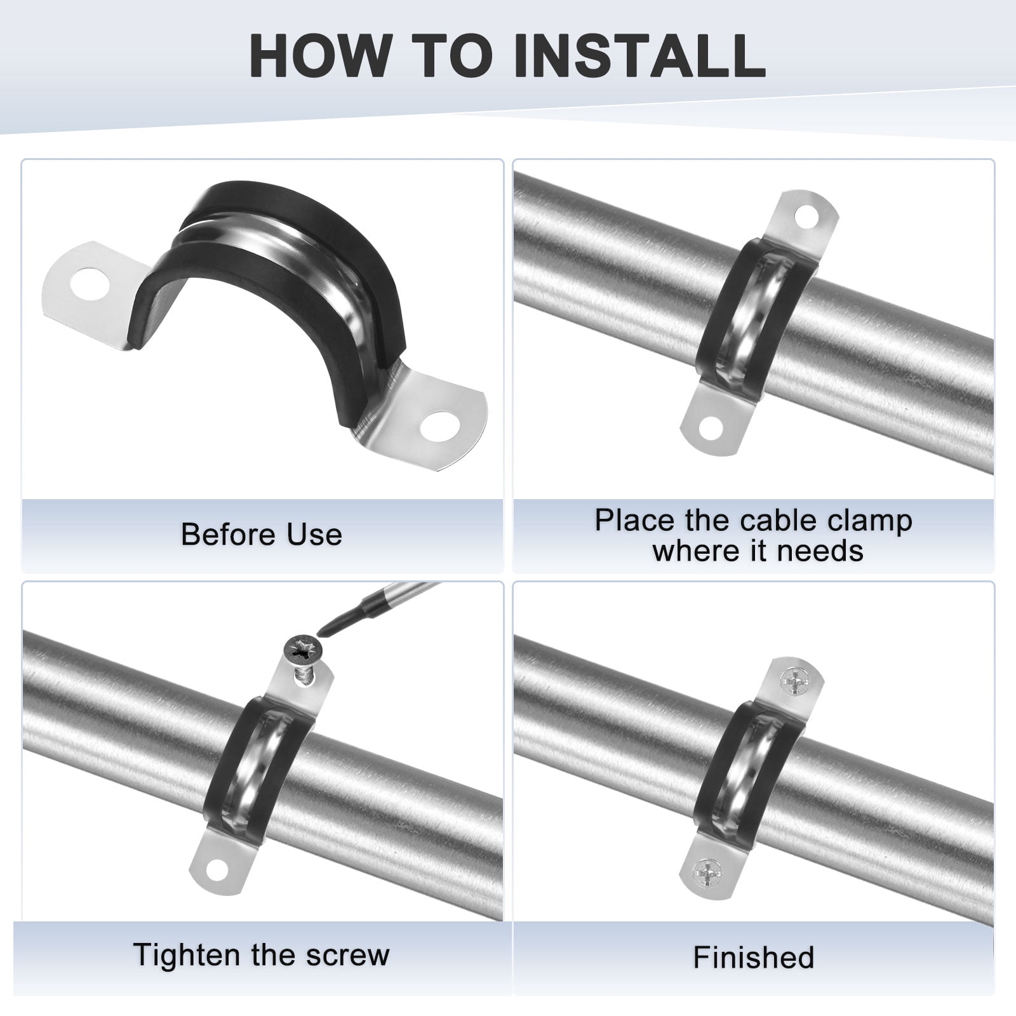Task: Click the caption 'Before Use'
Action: (262, 534)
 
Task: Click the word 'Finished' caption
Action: (754, 957)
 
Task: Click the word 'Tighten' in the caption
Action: (184, 955)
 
